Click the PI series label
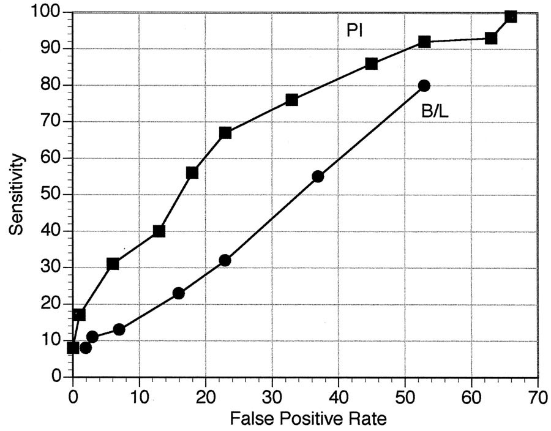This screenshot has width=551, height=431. click(x=355, y=30)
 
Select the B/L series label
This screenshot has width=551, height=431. click(x=435, y=111)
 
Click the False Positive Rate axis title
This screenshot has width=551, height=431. click(x=308, y=419)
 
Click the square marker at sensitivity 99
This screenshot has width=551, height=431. click(x=511, y=16)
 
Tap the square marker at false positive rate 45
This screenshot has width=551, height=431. click(x=371, y=64)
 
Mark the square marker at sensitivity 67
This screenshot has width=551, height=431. click(x=225, y=133)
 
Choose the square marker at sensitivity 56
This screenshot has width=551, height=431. click(x=192, y=173)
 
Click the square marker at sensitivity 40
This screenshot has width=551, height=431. click(x=159, y=231)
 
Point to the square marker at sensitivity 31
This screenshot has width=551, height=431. click(x=113, y=264)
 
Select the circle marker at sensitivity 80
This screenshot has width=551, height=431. click(x=424, y=85)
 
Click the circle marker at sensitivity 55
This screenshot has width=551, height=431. click(x=318, y=176)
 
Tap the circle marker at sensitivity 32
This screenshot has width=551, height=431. click(x=225, y=260)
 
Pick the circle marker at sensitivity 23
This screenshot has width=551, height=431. click(x=179, y=293)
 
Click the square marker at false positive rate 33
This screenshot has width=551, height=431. click(x=291, y=100)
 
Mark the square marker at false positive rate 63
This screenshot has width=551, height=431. click(x=491, y=38)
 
